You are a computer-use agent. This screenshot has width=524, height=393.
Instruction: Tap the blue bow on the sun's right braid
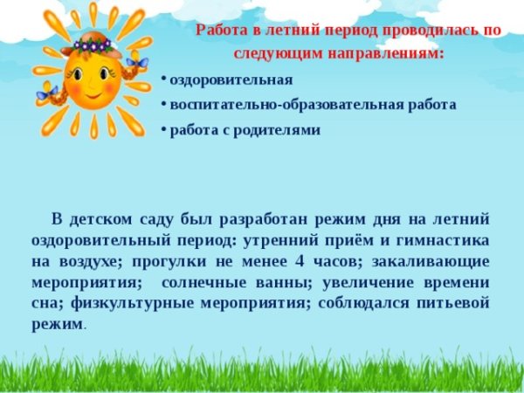134,63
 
